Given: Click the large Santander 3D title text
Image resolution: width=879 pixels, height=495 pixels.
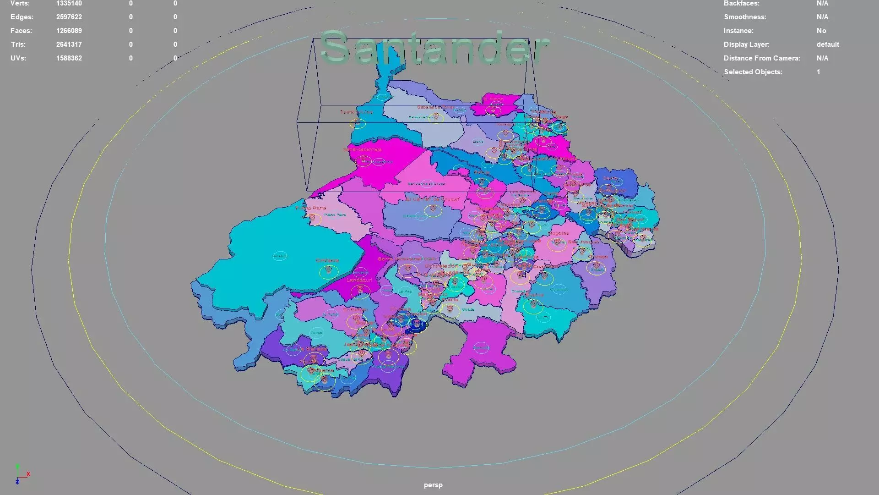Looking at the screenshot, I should click(434, 48).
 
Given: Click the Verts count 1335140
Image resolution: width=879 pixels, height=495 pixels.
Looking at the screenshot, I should click(69, 4).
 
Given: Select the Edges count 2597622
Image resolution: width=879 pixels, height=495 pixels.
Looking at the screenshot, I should click(69, 17).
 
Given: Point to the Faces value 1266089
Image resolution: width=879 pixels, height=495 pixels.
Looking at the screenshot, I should click(69, 31).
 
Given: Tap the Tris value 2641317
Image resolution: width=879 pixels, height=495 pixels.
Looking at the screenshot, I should click(69, 44).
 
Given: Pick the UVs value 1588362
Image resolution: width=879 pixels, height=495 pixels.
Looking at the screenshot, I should click(69, 58).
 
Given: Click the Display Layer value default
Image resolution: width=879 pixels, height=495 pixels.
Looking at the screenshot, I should click(828, 44).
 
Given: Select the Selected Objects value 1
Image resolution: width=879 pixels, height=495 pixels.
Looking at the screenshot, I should click(818, 72).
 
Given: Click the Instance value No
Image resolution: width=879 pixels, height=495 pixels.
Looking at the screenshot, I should click(821, 31).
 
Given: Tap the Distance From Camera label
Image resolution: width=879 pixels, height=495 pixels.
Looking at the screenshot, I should click(762, 58).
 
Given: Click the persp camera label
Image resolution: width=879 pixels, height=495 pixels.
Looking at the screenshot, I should click(433, 485).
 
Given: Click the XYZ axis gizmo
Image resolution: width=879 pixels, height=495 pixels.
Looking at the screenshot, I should click(21, 475).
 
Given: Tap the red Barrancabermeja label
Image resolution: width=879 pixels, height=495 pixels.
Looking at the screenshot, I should click(362, 149).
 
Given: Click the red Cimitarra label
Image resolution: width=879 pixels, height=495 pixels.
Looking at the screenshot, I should click(327, 260).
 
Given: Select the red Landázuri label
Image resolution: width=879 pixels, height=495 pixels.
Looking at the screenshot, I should click(359, 280).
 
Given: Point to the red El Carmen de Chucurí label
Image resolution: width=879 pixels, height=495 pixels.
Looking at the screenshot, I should click(432, 199).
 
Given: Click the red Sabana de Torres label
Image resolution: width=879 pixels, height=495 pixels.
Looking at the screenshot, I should click(435, 107).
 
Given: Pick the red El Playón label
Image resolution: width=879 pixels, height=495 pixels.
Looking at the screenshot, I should click(494, 99).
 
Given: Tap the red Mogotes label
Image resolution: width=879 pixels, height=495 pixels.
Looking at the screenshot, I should click(558, 233).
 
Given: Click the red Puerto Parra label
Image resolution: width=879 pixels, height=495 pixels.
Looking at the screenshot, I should click(311, 208).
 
